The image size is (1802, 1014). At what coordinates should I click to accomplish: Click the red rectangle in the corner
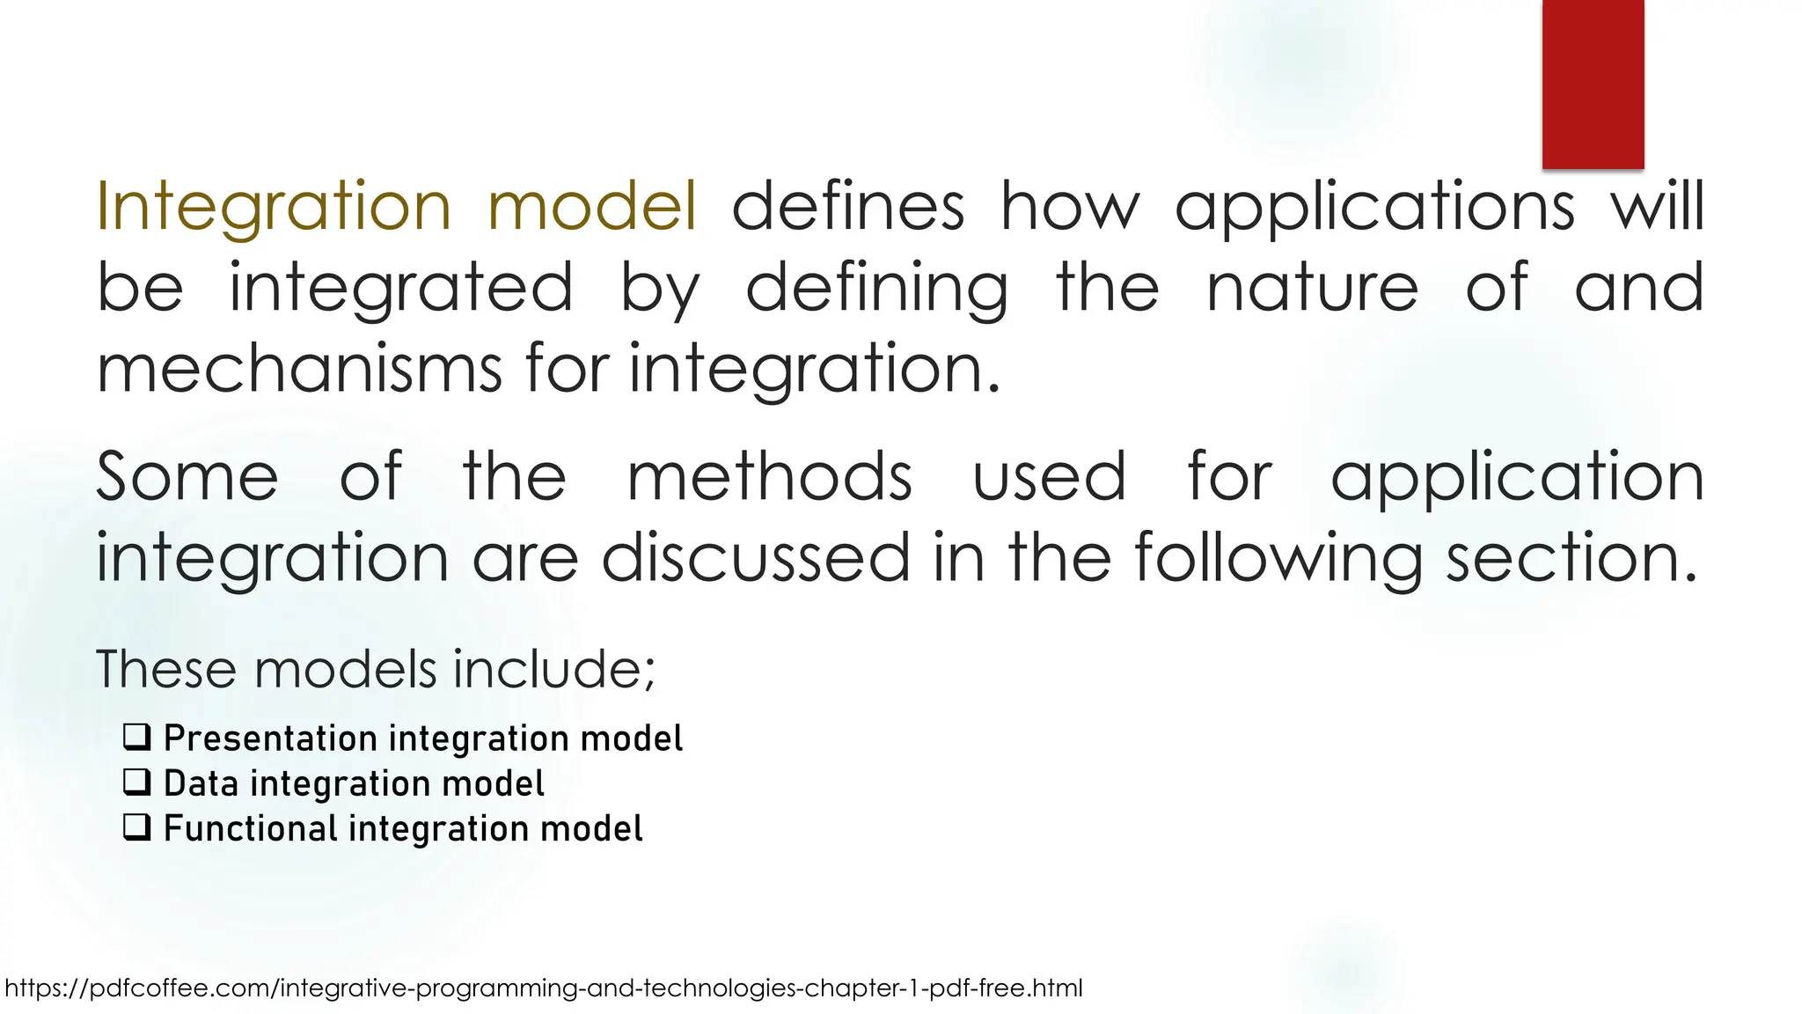pos(1593,84)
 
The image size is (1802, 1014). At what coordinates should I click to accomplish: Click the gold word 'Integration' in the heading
pos(273,206)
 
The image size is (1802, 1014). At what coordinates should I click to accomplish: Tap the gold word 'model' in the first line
pos(592,206)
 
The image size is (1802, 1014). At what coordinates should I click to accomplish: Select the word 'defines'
pos(848,206)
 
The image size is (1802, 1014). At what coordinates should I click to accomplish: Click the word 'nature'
pos(1312,288)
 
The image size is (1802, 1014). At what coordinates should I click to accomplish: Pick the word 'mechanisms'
pos(299,368)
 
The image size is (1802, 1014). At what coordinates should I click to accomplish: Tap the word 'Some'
pos(187,477)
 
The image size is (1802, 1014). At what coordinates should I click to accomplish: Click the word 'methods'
pos(769,477)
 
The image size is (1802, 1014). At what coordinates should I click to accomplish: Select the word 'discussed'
pos(755,557)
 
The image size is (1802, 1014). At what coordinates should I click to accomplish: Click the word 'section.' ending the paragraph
pos(1571,557)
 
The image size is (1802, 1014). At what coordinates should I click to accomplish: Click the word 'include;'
pos(554,669)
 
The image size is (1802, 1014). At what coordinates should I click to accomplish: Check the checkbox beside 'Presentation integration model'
pos(137,737)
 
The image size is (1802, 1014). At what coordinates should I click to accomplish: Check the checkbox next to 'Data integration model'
pos(137,782)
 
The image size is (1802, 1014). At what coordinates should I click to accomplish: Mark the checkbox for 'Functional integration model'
pos(137,827)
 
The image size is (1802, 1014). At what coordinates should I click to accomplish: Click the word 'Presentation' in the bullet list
pos(269,738)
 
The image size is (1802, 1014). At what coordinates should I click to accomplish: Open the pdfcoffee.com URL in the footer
pos(544,988)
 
